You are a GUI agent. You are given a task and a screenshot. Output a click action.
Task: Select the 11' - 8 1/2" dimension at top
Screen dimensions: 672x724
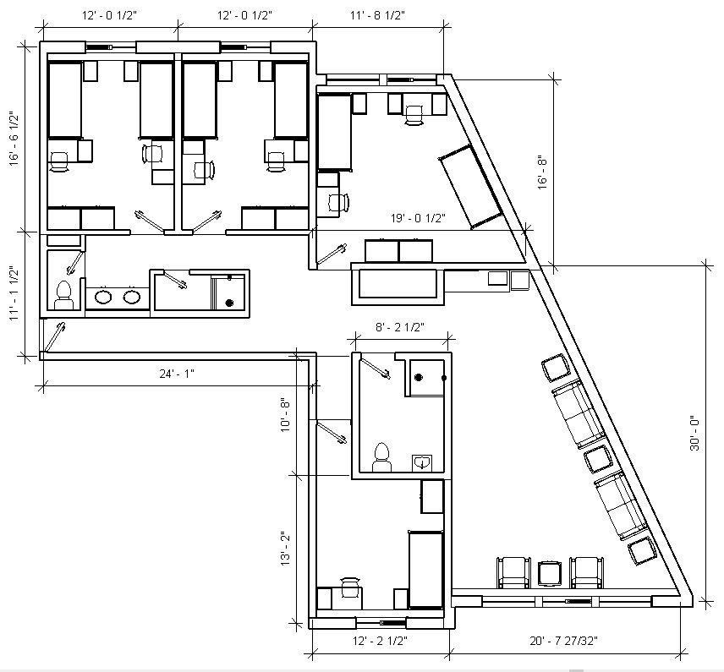coord(379,15)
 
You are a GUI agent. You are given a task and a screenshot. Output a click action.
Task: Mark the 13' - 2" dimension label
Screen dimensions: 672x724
coord(287,548)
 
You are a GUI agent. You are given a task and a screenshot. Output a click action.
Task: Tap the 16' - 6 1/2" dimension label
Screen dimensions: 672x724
coord(14,137)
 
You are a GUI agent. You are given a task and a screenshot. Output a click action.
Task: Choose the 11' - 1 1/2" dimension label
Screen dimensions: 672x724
coord(14,292)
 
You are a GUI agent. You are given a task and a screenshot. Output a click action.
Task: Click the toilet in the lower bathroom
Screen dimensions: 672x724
coord(382,456)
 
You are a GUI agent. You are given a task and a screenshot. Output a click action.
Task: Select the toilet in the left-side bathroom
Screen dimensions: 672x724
coord(63,295)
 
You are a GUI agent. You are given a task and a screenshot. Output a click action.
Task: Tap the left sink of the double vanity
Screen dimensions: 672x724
coord(103,297)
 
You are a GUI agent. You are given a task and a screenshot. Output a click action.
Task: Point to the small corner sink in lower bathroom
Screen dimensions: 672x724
coord(421,462)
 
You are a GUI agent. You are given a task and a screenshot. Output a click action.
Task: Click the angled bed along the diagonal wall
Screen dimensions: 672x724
coord(469,186)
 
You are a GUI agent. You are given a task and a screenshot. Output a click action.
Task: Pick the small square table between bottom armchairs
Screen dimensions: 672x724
coord(550,573)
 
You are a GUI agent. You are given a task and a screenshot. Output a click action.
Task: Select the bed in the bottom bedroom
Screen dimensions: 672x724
coord(426,568)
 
